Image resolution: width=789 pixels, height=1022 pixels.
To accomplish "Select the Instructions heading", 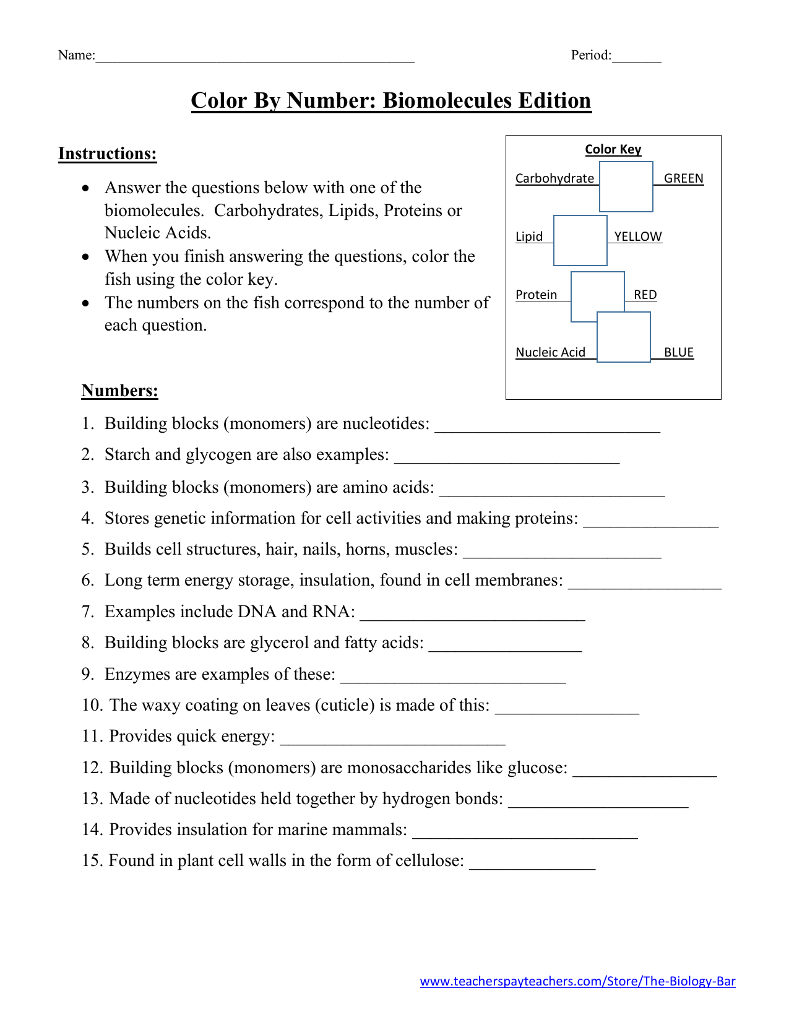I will point(108,154).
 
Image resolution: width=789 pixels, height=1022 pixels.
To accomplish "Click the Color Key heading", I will point(613,149).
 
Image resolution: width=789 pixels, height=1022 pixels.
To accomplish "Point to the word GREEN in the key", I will point(683,179).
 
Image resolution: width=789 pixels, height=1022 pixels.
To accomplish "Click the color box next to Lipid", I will point(580,240).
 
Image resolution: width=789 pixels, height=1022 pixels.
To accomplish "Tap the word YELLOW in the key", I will point(638,236).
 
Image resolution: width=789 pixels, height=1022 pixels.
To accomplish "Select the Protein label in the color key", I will point(537,295).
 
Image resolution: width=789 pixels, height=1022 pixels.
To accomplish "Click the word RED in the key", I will point(645,295).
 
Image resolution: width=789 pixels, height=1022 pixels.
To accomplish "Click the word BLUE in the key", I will point(678,353).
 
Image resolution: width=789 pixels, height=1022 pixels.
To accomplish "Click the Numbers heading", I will point(120,391).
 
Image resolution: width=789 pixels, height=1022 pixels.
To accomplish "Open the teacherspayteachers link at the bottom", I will point(577,981).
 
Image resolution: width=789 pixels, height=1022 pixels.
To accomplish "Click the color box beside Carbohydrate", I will point(626,186).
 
